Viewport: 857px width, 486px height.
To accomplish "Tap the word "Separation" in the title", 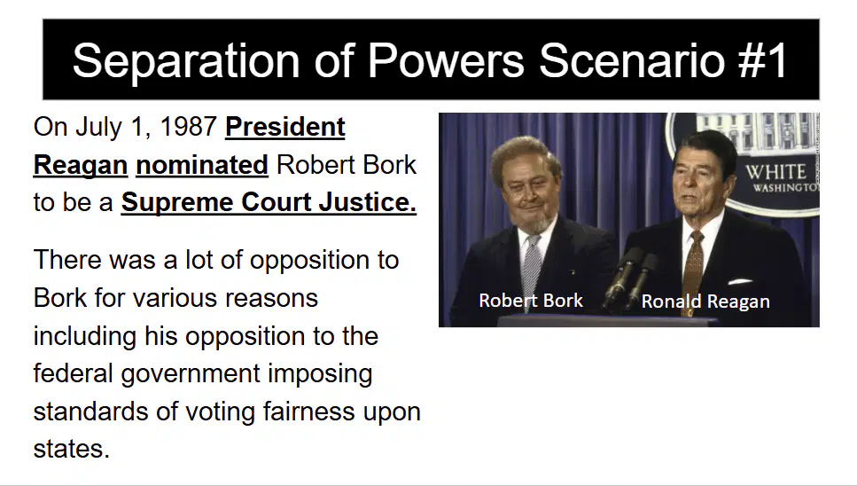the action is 186,61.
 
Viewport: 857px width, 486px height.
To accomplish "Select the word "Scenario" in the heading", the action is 632,60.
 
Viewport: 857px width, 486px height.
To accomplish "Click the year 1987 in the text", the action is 188,127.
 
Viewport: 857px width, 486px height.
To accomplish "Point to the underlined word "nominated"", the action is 202,165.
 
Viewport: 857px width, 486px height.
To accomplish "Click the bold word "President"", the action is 285,128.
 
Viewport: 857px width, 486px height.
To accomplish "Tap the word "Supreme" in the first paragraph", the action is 176,203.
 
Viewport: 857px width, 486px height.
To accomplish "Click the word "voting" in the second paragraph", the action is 221,412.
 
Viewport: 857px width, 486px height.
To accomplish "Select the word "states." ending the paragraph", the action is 72,449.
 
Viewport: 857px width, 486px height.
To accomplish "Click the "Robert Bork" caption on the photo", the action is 531,300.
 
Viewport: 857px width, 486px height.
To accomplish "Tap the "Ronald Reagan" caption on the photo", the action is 705,302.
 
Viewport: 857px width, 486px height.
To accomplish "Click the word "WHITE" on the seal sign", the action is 775,172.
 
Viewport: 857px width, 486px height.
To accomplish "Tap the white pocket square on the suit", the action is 740,282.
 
